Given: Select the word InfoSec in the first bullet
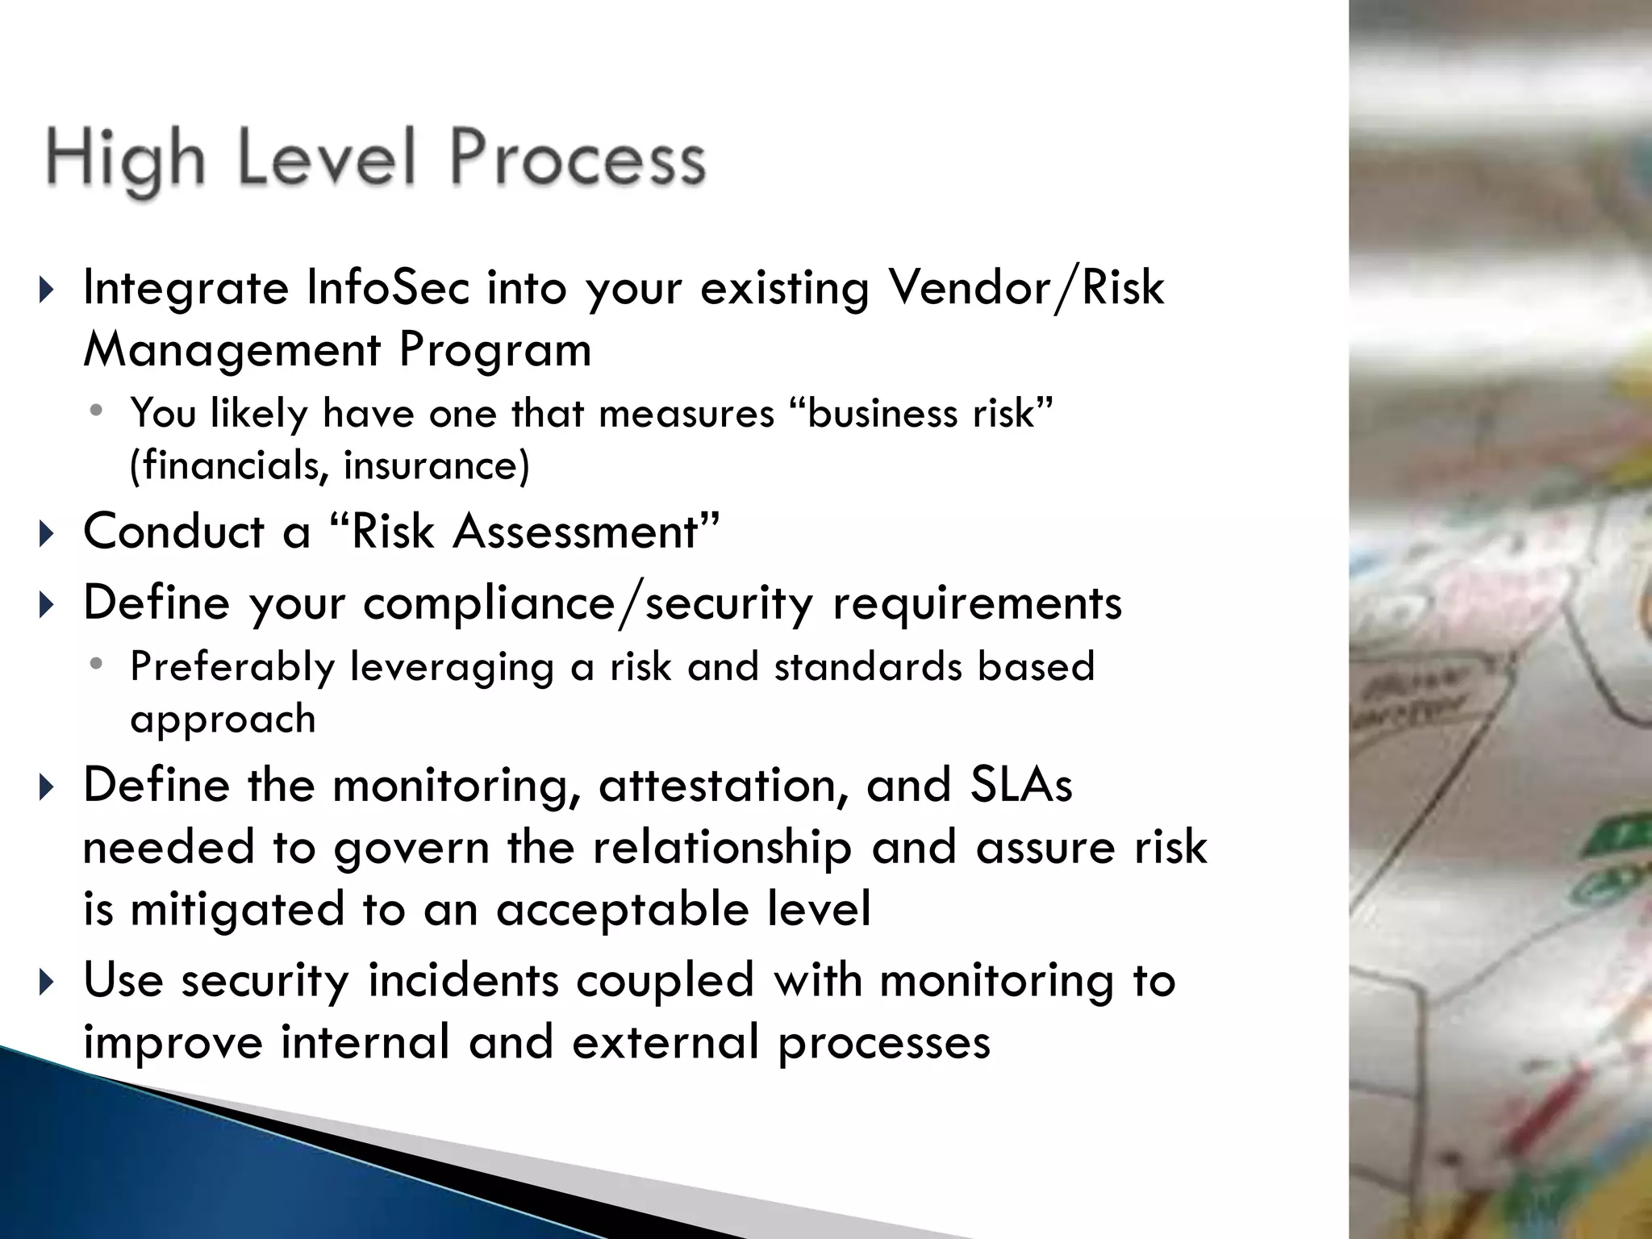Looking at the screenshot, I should click(388, 288).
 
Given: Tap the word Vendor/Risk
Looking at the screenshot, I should click(1025, 288).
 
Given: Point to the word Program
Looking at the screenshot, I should click(495, 352).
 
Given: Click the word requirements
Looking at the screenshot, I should click(977, 603).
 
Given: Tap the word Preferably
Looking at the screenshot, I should click(232, 668).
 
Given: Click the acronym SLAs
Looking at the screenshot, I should click(1021, 786).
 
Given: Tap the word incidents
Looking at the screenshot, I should click(463, 981).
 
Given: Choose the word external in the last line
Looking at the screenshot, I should click(665, 1042).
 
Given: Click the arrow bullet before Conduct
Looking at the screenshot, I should click(47, 533).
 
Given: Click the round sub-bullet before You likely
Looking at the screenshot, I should click(97, 411).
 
